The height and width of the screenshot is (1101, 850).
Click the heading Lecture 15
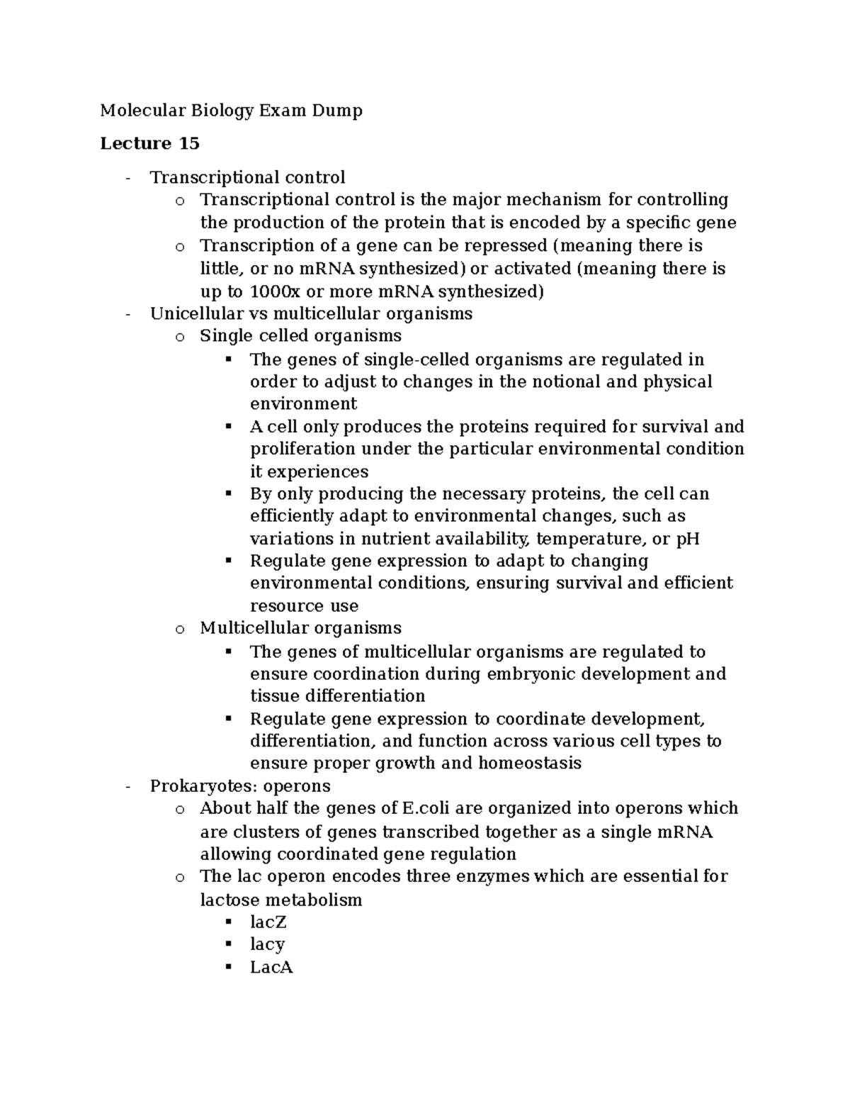(x=149, y=144)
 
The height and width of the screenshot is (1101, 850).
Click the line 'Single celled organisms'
(x=300, y=336)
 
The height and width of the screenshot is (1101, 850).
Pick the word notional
(x=565, y=382)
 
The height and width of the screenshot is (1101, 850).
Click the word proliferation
(x=302, y=449)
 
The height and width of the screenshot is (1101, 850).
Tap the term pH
(x=687, y=539)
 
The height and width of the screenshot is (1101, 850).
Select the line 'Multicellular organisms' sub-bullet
(x=300, y=628)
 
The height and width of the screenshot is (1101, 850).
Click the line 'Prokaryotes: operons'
(x=240, y=786)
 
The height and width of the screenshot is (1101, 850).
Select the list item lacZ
(x=268, y=922)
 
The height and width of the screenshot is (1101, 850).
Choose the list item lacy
(x=267, y=945)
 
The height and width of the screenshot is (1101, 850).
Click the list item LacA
(x=271, y=968)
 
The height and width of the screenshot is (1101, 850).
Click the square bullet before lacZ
(x=228, y=922)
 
